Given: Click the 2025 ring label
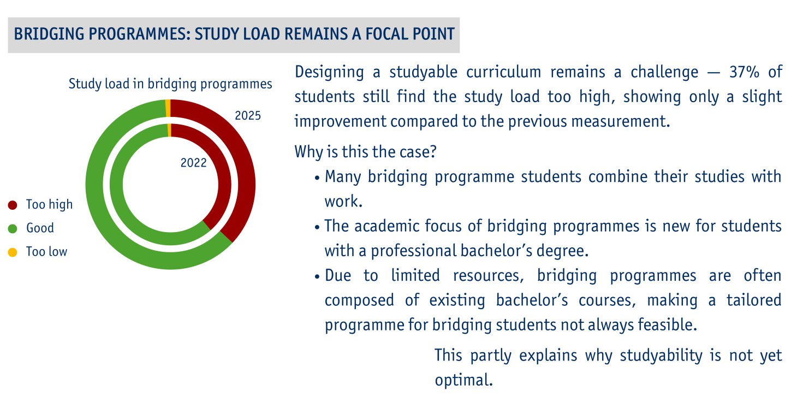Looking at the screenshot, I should (x=247, y=116).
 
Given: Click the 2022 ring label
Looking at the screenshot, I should (x=193, y=163).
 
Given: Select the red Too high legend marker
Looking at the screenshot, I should (x=13, y=205).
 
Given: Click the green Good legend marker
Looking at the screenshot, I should (x=13, y=228).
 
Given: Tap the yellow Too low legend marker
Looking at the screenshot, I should (x=13, y=252).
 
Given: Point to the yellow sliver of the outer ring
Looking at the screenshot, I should (x=168, y=108).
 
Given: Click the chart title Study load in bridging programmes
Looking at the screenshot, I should (x=170, y=84).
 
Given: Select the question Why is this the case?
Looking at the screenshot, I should (x=365, y=151).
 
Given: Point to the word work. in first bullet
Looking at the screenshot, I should (x=343, y=202).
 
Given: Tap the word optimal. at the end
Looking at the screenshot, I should (x=463, y=380).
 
